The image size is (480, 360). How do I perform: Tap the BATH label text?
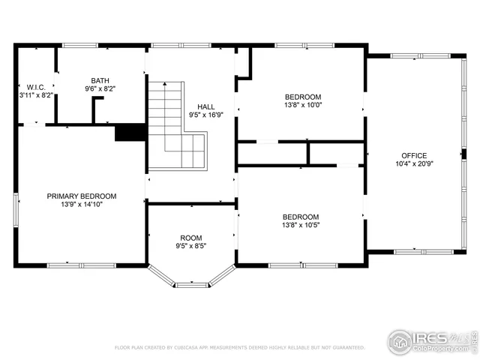[100, 80]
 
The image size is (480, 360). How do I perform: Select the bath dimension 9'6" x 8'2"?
[100, 88]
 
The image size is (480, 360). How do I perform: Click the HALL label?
[205, 106]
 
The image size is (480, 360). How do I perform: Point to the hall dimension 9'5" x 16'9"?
[205, 115]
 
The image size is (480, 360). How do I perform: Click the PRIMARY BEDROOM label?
[82, 196]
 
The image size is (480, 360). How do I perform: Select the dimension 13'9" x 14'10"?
[82, 204]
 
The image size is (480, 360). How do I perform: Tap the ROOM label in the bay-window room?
[190, 238]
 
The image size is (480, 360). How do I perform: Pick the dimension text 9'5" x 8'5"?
[190, 246]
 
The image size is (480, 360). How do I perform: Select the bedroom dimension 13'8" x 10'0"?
[302, 105]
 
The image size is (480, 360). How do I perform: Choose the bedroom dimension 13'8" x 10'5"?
[302, 224]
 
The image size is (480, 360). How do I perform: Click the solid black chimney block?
[130, 132]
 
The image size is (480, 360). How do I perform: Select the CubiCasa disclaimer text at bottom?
[239, 348]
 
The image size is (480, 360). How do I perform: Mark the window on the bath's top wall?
[102, 45]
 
